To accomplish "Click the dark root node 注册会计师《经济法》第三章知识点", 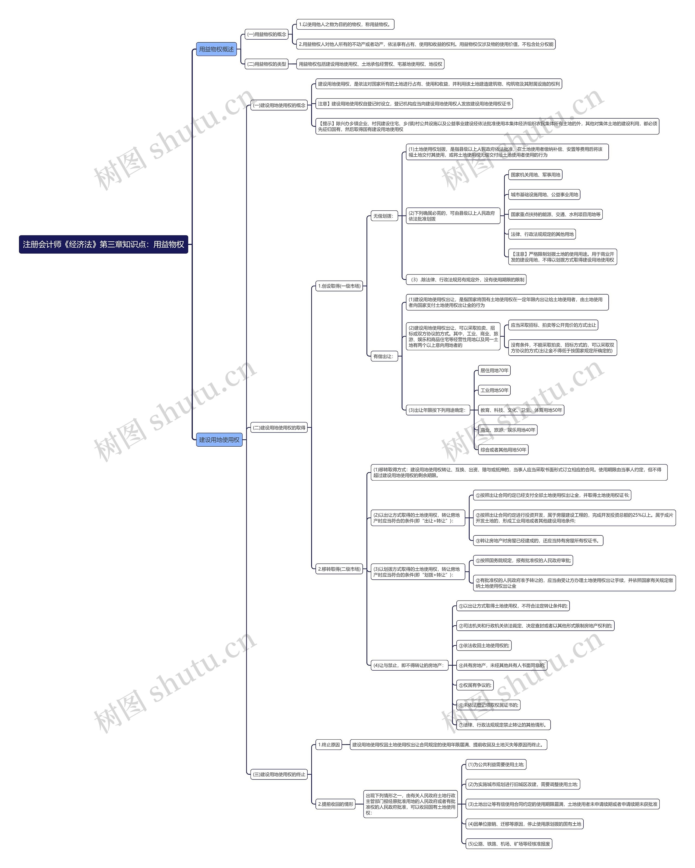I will (103, 244).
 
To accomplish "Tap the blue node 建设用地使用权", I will (219, 440).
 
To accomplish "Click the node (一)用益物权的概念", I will (267, 34).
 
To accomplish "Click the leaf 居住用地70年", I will (494, 370).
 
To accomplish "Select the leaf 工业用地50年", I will (494, 390).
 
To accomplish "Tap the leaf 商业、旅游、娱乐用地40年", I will (507, 430).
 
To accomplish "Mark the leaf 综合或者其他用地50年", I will (503, 450).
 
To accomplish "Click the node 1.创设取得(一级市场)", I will (339, 286).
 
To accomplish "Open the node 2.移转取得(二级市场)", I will (339, 569).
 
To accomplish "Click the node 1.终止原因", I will (329, 744).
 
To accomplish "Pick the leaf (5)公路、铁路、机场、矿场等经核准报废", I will (508, 844).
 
